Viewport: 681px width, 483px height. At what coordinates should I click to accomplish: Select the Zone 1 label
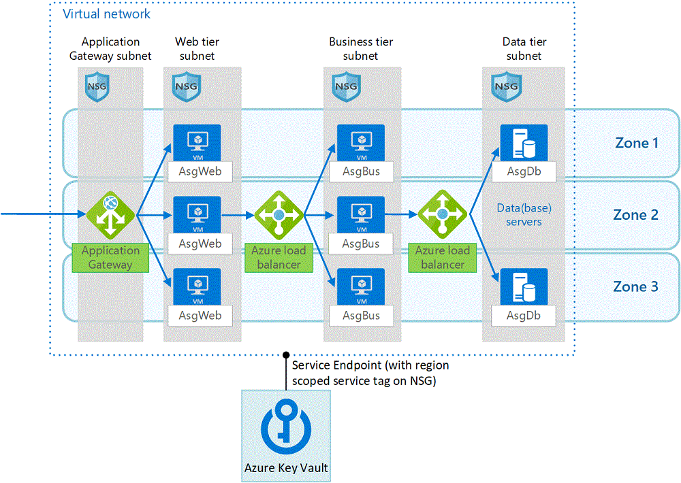click(635, 143)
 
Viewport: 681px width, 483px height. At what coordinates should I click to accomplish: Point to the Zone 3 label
click(635, 286)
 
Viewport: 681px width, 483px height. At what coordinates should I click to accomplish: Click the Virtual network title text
click(107, 14)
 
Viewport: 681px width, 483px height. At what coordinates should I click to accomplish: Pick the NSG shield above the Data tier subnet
click(506, 86)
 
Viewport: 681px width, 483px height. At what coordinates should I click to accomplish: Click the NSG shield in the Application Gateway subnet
click(96, 86)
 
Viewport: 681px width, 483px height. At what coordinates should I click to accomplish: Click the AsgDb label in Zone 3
click(524, 316)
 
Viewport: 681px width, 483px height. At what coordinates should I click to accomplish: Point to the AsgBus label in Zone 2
click(361, 244)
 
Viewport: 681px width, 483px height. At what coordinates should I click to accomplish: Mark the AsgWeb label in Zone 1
click(200, 171)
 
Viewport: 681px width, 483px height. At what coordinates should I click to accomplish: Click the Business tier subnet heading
click(360, 48)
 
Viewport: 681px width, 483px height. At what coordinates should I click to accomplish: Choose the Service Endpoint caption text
click(370, 373)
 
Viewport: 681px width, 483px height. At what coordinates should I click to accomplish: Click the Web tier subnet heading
click(197, 48)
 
